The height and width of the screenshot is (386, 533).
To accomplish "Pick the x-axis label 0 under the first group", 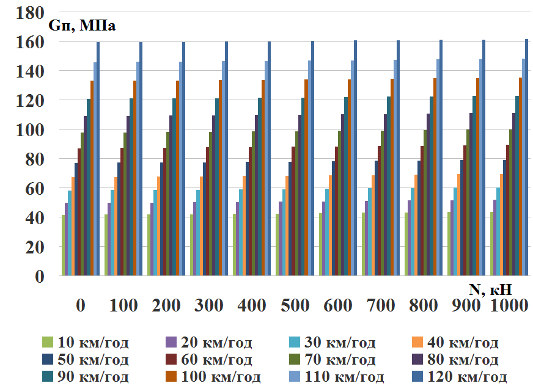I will click(x=80, y=305).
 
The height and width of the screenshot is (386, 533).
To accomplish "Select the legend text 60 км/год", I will click(x=217, y=359).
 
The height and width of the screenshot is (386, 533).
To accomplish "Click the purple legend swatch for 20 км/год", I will click(x=171, y=342).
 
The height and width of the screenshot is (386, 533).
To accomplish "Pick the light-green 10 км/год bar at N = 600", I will click(x=321, y=244).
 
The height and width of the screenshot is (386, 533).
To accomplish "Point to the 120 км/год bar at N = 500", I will click(x=312, y=158).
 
